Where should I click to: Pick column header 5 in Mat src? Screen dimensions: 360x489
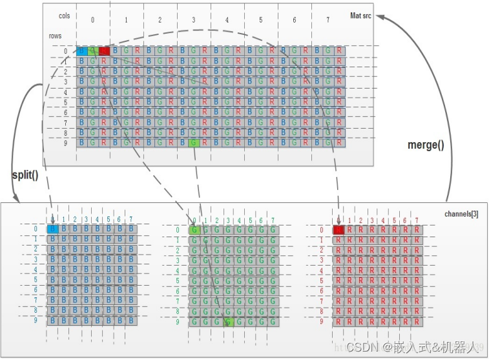point(261,20)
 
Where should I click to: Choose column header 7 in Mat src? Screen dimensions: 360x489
point(328,20)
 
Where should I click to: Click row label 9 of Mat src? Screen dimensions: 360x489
point(65,142)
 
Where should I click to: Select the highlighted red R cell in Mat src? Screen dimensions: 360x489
point(103,50)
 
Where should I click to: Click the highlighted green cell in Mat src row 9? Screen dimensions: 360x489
point(194,142)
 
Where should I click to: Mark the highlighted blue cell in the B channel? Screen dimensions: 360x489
point(53,229)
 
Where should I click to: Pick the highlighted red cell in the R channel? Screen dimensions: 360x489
point(338,229)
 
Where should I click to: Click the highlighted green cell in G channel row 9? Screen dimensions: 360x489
point(228,321)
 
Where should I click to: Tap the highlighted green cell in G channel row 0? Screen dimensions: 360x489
point(194,229)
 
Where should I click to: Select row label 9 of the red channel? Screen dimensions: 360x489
point(322,321)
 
